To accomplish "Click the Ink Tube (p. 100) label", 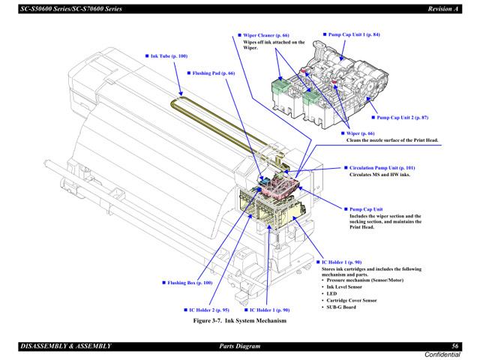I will click(168, 56).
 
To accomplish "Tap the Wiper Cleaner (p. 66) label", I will click(265, 35).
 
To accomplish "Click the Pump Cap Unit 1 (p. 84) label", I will click(354, 34).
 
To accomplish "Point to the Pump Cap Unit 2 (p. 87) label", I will click(402, 118).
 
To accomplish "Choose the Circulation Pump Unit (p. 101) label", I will click(382, 168).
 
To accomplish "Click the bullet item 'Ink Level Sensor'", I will click(344, 286).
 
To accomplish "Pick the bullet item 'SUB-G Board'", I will click(341, 307).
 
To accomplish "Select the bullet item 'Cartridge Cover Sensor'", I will click(351, 300).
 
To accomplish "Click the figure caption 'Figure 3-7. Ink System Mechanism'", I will click(239, 320).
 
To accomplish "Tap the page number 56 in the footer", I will click(454, 346).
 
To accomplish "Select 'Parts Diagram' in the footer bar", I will click(239, 346).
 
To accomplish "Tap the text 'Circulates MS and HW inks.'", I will click(379, 175).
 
